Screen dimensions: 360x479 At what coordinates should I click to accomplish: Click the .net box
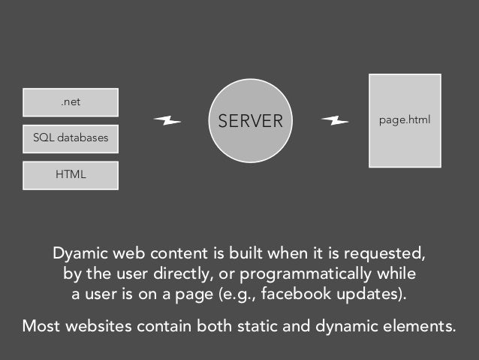(x=71, y=102)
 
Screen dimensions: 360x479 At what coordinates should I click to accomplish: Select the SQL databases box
(x=71, y=139)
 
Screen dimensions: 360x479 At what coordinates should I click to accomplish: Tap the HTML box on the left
(x=71, y=175)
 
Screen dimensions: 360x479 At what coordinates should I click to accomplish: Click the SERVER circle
(x=250, y=121)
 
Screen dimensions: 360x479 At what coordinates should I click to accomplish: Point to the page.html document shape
(x=404, y=120)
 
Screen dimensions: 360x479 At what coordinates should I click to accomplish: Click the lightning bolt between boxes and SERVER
(x=167, y=120)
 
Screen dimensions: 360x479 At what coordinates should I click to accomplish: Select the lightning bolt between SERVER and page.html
(x=334, y=120)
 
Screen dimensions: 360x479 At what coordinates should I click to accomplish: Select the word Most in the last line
(x=41, y=328)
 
